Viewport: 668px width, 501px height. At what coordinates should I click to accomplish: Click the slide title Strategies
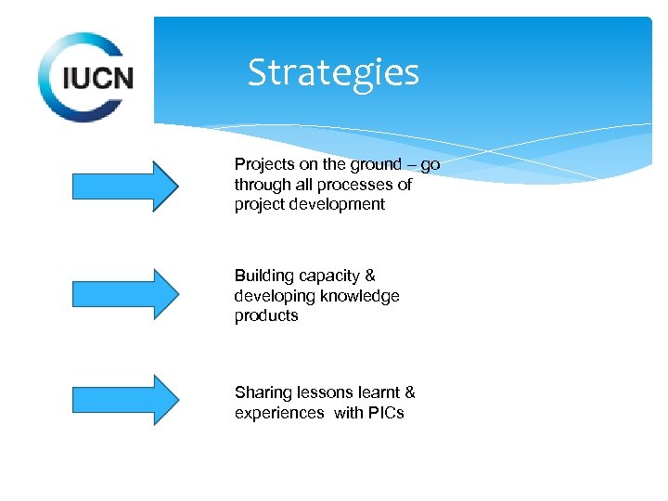pyautogui.click(x=333, y=72)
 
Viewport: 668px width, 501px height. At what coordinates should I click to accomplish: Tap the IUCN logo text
pyautogui.click(x=97, y=77)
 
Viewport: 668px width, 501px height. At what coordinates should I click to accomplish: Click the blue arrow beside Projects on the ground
pyautogui.click(x=125, y=186)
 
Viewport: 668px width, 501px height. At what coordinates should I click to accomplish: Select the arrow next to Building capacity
pyautogui.click(x=125, y=294)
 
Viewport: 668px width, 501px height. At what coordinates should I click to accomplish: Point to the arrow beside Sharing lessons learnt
pyautogui.click(x=125, y=400)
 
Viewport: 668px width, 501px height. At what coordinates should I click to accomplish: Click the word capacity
pyautogui.click(x=328, y=276)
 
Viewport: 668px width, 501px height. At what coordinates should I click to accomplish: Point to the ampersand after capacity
pyautogui.click(x=370, y=276)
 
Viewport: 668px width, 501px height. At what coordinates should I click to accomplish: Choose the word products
pyautogui.click(x=266, y=316)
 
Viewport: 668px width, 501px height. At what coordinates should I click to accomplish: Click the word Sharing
pyautogui.click(x=261, y=393)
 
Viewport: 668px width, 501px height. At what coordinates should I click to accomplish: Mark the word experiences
pyautogui.click(x=279, y=414)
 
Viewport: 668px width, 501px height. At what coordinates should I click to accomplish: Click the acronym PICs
pyautogui.click(x=385, y=413)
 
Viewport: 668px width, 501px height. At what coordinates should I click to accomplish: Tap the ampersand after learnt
pyautogui.click(x=410, y=392)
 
